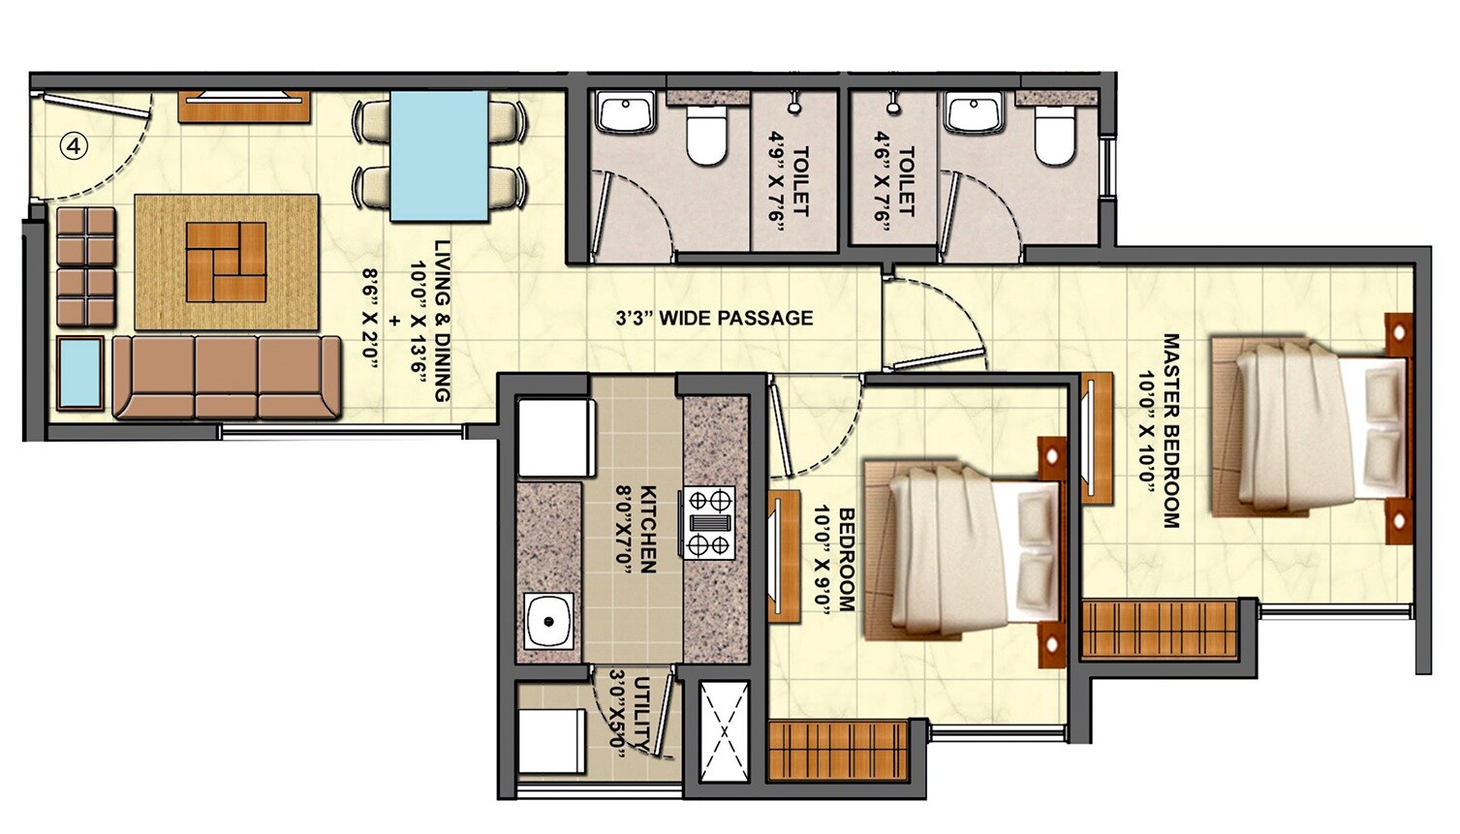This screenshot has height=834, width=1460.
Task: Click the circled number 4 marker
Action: (x=74, y=146)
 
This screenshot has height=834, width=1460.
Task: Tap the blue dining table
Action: (x=439, y=156)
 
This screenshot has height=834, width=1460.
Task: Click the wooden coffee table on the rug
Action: (x=226, y=261)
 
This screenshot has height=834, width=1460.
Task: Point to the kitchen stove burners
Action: (x=709, y=523)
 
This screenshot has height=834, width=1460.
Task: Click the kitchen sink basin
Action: (x=549, y=621)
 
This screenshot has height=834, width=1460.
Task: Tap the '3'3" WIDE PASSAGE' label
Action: (x=714, y=318)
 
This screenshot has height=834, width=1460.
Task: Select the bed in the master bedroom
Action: (x=1308, y=426)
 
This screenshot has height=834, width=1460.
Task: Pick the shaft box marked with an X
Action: (x=724, y=732)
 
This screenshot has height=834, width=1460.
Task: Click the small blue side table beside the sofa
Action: (x=80, y=373)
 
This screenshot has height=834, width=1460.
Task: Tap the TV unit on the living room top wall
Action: (x=244, y=106)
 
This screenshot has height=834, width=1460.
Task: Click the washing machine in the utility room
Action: (x=551, y=741)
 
